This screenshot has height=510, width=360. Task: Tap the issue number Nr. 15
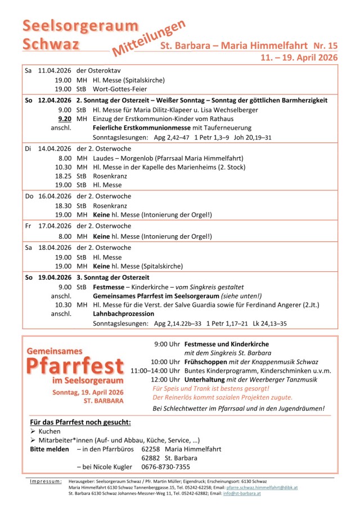[x=325, y=45]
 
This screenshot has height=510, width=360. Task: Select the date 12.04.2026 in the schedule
[x=55, y=100]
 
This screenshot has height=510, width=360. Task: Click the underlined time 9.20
[x=64, y=118]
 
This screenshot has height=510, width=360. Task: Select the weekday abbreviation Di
[x=28, y=148]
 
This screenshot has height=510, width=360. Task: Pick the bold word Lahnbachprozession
[x=123, y=314]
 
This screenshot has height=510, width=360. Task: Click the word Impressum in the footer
[x=46, y=481]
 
